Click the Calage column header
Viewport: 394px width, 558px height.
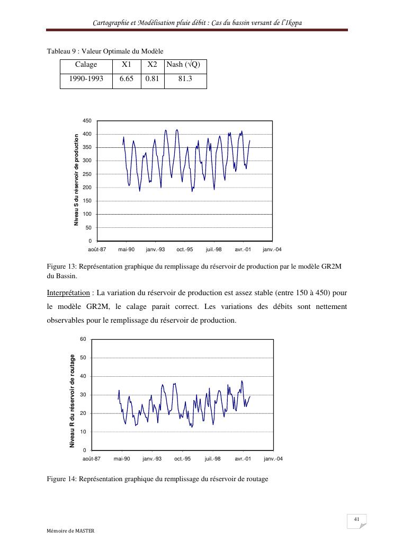[x=86, y=65]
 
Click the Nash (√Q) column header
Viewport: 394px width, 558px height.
[x=185, y=65]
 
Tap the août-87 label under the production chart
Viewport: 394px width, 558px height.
[x=97, y=249]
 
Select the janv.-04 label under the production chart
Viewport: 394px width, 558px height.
[x=272, y=249]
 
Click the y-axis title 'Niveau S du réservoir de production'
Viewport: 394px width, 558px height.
[x=76, y=180]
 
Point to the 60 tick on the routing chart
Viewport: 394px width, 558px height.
[x=83, y=339]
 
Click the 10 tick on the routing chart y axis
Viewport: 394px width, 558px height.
[x=83, y=432]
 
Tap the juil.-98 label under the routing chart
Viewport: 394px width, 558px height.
[x=212, y=458]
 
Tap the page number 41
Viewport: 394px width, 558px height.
[x=356, y=518]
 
